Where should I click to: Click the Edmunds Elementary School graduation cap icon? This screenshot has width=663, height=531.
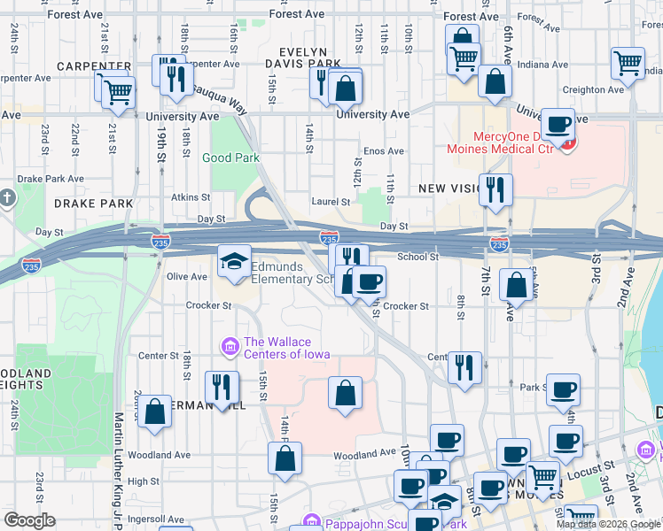click(x=235, y=261)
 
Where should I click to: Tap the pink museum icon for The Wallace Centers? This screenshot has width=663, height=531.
click(x=230, y=343)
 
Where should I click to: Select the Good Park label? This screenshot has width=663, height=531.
click(x=230, y=158)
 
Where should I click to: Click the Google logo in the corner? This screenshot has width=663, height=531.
click(x=29, y=520)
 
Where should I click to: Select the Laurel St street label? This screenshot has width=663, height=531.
click(x=330, y=201)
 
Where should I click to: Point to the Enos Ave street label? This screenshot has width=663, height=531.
click(x=384, y=151)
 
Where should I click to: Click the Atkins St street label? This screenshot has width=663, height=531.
click(x=191, y=197)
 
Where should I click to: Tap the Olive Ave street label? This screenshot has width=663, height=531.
click(x=187, y=276)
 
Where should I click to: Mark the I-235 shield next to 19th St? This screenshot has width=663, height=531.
click(x=160, y=240)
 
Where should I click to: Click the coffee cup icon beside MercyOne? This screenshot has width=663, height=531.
click(x=558, y=125)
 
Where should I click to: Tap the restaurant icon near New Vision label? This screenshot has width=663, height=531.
click(x=495, y=189)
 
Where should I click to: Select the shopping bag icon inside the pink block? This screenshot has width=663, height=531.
click(x=345, y=391)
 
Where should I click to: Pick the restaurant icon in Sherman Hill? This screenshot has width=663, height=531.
click(x=221, y=386)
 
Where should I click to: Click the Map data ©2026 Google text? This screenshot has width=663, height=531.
click(x=607, y=524)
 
